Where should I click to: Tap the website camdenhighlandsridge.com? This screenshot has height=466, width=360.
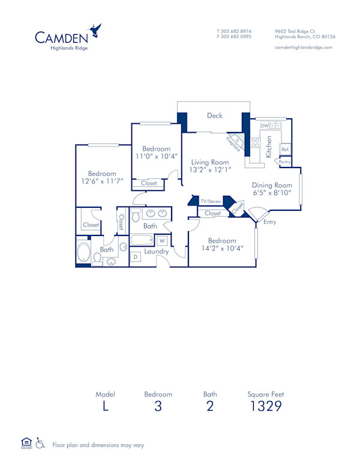point(303,47)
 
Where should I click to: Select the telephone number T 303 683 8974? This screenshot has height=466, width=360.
point(234,31)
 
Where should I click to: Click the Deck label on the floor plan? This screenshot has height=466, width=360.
point(215,116)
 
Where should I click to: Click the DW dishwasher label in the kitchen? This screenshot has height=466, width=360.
point(264,126)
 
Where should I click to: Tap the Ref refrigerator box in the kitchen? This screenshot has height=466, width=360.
point(286,149)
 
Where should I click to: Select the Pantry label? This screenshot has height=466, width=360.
point(284,162)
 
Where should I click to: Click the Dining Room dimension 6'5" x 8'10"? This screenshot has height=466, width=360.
point(271,193)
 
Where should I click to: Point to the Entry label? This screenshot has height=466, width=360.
point(270,222)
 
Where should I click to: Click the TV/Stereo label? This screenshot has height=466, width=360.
point(211,201)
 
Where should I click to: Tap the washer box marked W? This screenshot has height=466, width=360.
point(161,241)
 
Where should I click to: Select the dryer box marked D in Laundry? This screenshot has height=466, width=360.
point(136,256)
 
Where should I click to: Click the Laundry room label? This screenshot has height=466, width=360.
point(157,252)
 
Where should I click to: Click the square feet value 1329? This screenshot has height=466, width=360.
point(266,407)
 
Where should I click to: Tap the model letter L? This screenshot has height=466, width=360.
point(105,407)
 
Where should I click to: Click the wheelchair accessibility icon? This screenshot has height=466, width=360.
point(40,443)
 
